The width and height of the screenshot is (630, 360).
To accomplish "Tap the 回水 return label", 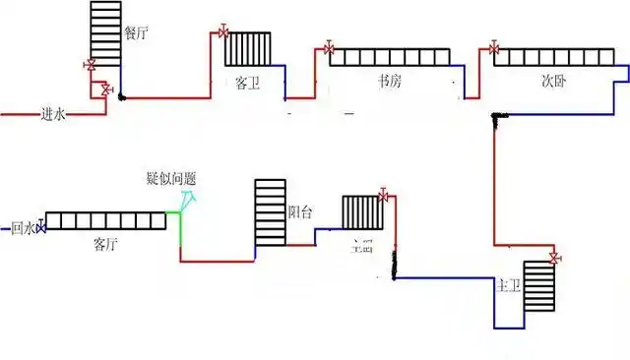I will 22,228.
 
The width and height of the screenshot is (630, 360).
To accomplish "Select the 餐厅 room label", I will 136,32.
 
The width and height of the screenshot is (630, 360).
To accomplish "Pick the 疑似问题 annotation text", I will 170,178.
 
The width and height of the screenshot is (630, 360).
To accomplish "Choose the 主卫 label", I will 507,285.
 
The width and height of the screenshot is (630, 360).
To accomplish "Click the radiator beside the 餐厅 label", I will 105,33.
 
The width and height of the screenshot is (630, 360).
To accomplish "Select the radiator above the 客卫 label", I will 247,48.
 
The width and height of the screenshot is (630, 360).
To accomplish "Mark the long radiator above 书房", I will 390,58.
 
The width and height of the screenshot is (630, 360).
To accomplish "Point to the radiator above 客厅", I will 105,221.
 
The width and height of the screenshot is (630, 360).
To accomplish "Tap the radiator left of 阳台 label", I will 269,211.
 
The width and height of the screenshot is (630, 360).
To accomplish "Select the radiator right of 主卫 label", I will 539,285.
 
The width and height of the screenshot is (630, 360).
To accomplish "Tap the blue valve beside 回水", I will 40,227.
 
